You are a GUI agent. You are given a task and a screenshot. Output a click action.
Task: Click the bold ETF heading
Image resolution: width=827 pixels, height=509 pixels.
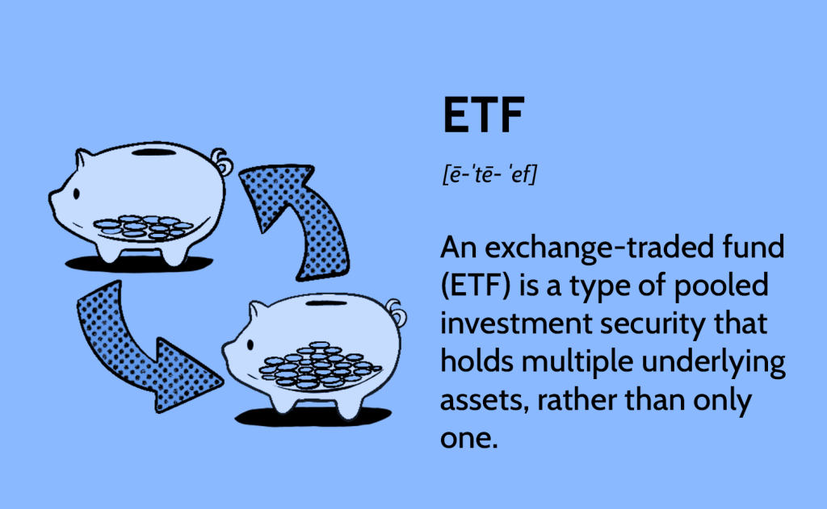483,115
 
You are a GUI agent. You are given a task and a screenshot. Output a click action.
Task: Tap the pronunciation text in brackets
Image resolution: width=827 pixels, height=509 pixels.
489,174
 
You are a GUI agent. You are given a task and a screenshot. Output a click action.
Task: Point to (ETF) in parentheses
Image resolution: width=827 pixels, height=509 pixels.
476,286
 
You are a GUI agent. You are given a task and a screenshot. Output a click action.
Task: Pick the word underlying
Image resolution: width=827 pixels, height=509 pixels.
713,363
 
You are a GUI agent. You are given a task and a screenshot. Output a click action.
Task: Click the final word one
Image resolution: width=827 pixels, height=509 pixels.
469,440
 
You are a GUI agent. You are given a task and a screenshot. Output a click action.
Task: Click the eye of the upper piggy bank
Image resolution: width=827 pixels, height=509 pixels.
77,194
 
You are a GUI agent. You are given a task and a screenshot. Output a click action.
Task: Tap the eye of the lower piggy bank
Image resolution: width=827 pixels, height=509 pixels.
250,345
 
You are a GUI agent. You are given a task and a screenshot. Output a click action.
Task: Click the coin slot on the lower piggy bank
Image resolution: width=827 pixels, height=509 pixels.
327,303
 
